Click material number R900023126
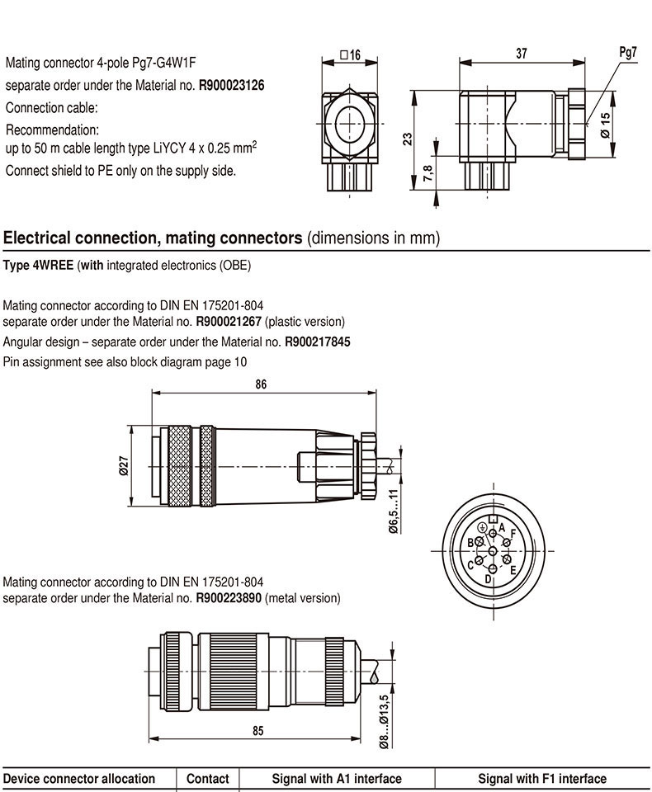click(232, 85)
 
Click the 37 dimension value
click(522, 54)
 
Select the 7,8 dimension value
click(427, 172)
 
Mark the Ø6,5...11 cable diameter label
click(394, 511)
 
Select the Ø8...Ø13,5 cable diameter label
click(383, 721)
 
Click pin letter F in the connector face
click(513, 534)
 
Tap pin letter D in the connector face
click(489, 578)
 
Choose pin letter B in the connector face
click(470, 542)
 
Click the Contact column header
click(208, 779)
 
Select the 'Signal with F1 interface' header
click(542, 779)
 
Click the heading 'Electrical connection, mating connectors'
click(153, 238)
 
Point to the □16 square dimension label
click(351, 55)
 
